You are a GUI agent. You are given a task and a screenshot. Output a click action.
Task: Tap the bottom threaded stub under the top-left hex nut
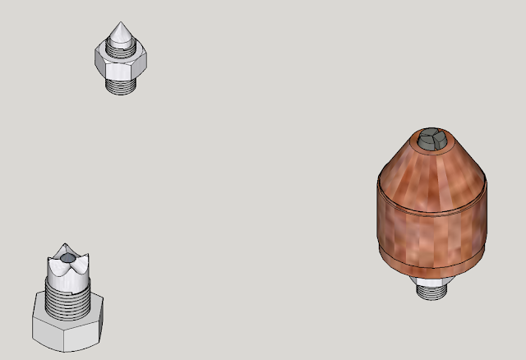(121, 85)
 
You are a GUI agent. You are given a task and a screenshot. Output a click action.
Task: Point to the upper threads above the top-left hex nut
(120, 48)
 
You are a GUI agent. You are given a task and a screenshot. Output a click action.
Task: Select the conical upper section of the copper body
(431, 168)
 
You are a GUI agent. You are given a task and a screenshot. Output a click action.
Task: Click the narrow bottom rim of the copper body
(431, 268)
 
